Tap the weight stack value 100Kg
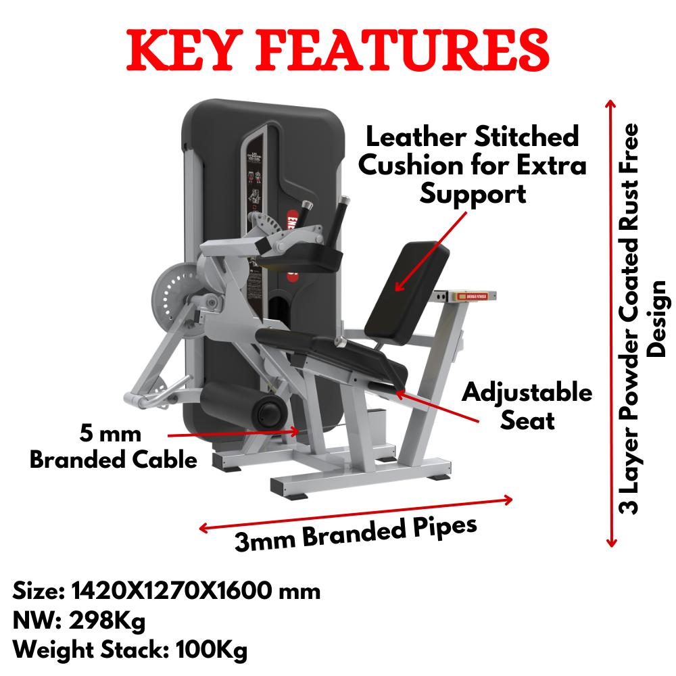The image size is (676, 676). [x=211, y=651]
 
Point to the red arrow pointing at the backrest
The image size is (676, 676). [x=431, y=250]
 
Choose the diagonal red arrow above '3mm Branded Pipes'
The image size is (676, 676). [x=355, y=514]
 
